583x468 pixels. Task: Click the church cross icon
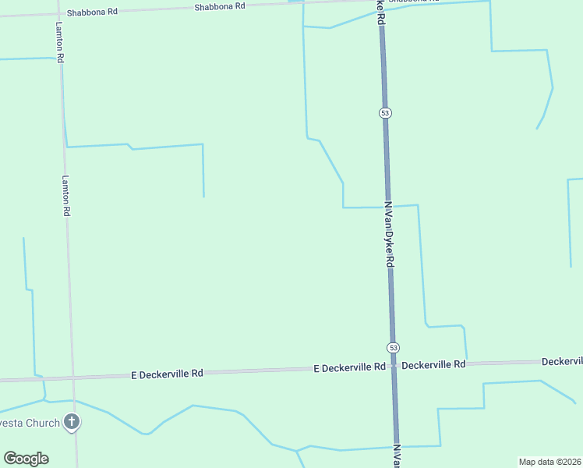pos(72,423)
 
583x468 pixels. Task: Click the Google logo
pos(26,458)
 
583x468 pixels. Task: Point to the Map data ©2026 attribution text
pos(549,461)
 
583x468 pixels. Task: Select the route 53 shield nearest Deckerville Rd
pos(394,347)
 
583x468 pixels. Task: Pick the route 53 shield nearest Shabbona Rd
pos(385,113)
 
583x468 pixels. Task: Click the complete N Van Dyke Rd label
pos(388,234)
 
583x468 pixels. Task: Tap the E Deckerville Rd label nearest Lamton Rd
pos(167,374)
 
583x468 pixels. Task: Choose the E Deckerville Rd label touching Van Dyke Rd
pos(350,367)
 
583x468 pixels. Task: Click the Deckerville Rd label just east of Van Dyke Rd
pos(433,364)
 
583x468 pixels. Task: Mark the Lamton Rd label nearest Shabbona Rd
pos(59,43)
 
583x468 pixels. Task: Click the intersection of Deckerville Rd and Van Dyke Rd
pos(394,366)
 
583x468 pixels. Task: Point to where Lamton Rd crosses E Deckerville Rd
pos(74,378)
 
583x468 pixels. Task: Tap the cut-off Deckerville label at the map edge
pos(562,361)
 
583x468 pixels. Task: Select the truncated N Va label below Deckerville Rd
pos(397,456)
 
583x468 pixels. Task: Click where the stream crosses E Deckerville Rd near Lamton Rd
pos(44,379)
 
